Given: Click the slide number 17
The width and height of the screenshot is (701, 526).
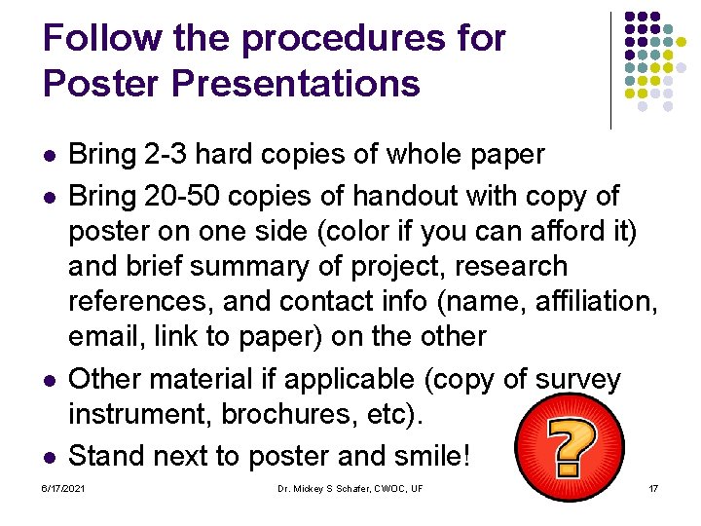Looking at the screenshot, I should tap(653, 487).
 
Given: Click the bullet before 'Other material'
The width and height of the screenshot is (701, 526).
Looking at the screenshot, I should tap(50, 379).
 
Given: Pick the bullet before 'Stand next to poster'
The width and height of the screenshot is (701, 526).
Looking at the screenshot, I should tap(50, 456).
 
